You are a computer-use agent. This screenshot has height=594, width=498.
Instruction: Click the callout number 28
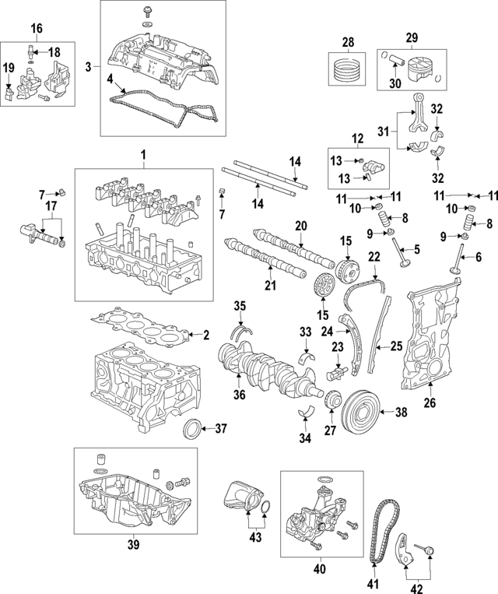point(349,41)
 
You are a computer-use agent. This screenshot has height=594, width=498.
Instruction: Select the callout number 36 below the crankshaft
point(239,394)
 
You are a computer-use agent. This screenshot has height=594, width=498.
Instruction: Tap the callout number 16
point(37,29)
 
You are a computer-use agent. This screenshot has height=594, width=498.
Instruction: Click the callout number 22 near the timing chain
point(373,255)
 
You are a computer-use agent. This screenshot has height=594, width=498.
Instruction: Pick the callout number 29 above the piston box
point(412,37)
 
